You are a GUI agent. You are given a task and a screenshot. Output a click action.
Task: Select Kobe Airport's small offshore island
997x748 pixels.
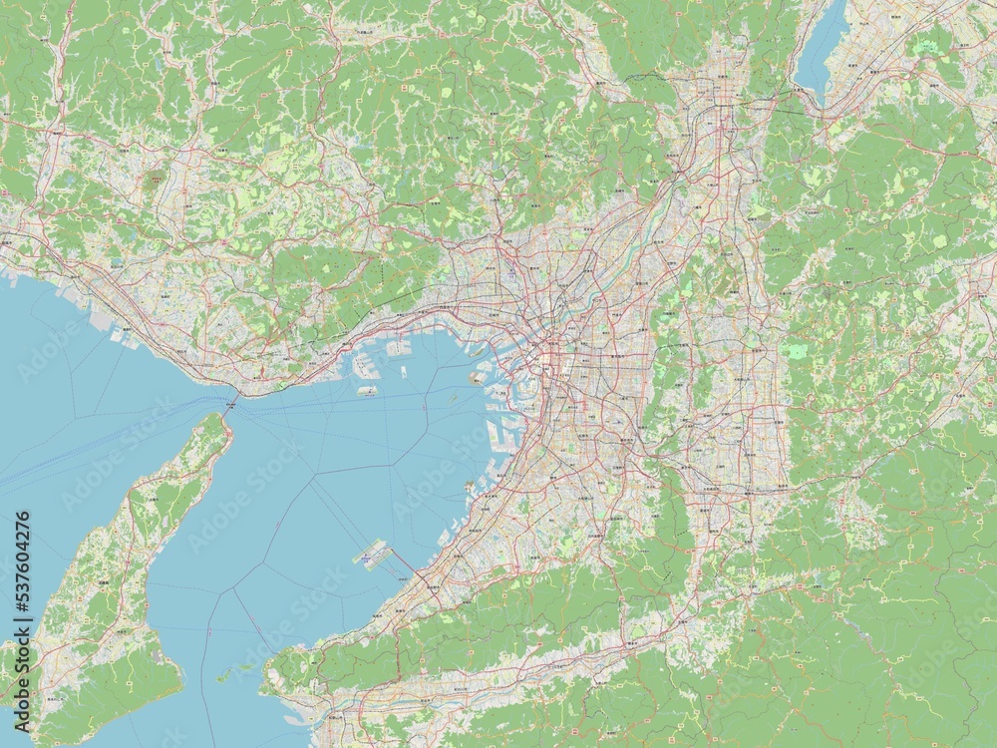(363, 389)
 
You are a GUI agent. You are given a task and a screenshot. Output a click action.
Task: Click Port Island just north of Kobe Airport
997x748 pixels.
(361, 363)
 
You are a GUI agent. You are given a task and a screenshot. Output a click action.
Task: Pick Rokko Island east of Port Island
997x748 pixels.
(398, 348)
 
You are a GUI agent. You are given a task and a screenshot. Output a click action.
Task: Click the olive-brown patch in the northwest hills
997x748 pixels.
(158, 181)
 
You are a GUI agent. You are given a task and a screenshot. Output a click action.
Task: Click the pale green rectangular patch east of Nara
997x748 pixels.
(798, 351)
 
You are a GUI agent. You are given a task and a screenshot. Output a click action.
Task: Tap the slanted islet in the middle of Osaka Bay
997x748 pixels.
(451, 397)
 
